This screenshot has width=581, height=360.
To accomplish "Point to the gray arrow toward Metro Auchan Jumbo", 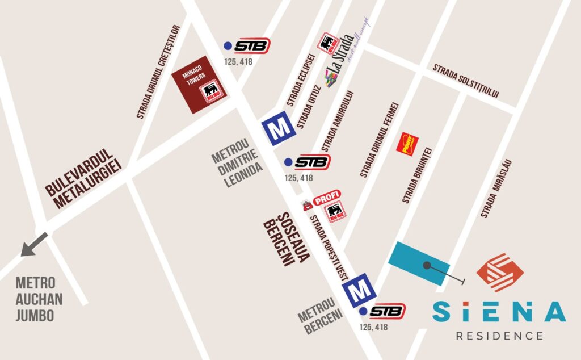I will [32, 245].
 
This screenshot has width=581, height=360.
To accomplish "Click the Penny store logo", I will [407, 143].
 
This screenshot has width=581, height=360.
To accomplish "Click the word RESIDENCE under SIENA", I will [499, 336].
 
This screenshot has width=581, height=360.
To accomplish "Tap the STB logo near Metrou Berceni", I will [387, 311].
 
